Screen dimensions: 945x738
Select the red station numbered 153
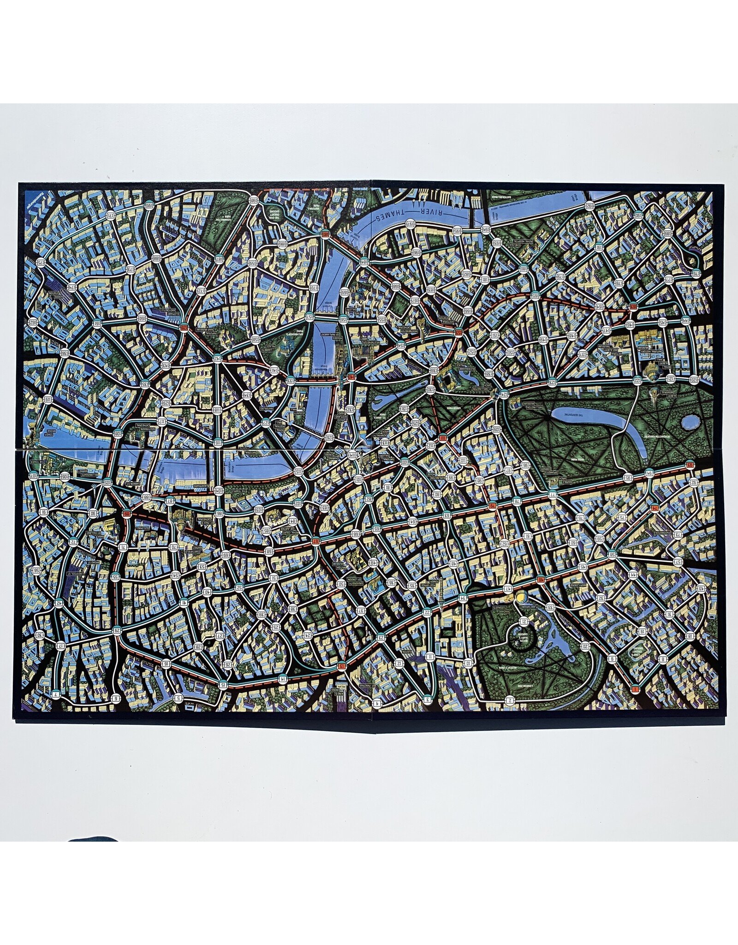pyautogui.click(x=459, y=332)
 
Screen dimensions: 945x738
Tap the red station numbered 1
pyautogui.click(x=636, y=689)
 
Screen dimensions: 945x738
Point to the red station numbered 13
pyautogui.click(x=341, y=666)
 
